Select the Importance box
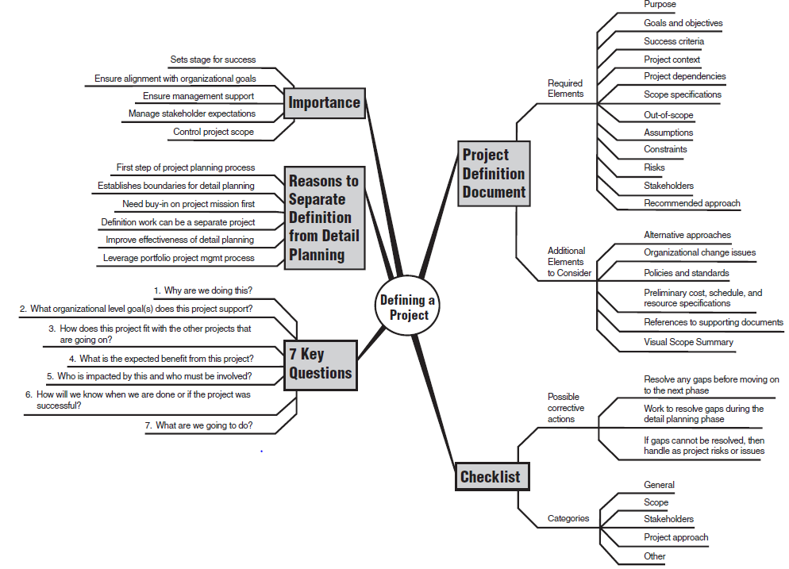324,103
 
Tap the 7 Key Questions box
320,363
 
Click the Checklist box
490,477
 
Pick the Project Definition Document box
494,174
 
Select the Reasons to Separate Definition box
324,217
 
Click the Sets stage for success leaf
213,60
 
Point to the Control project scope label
214,132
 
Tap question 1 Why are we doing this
202,290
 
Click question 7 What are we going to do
198,425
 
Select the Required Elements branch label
565,88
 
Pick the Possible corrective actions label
566,408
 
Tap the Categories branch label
568,518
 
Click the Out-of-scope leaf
668,115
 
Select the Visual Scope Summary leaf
688,342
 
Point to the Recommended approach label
691,203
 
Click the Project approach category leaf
675,537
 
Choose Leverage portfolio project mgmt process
179,258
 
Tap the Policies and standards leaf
686,273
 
